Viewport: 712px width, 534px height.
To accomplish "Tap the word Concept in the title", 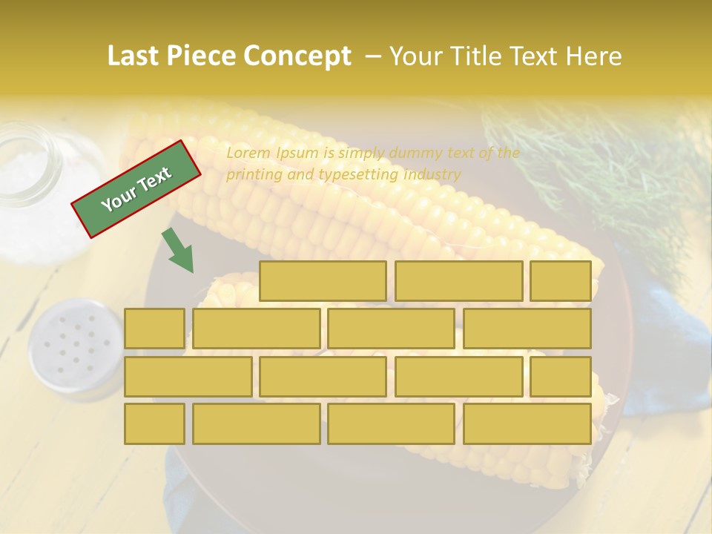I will (297, 56).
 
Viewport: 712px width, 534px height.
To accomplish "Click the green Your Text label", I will (136, 188).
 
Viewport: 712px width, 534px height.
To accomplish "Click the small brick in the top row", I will (560, 281).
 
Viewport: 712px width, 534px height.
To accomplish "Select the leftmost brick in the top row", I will (323, 281).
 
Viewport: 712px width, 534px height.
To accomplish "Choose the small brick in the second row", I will (154, 329).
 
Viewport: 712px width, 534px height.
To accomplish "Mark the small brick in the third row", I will (560, 376).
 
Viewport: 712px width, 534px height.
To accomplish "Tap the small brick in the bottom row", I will (154, 423).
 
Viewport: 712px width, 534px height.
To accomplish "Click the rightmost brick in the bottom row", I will (527, 423).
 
